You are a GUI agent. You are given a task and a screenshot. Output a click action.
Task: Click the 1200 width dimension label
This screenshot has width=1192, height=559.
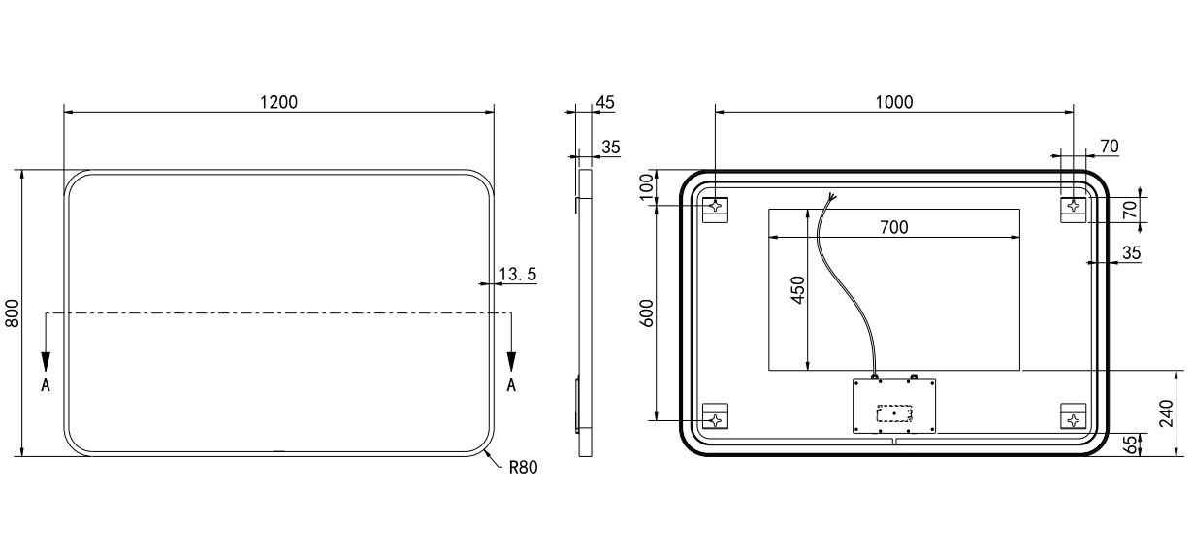coord(278,102)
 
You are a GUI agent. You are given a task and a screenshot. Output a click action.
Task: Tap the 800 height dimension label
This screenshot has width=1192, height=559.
coord(12,313)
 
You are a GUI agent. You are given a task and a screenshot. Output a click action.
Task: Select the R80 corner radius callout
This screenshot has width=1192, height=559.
coord(523,468)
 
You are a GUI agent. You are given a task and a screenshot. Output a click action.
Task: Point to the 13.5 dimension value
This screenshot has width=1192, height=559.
coord(517,275)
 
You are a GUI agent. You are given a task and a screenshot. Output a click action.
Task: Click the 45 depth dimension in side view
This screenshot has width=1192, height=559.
coord(605,102)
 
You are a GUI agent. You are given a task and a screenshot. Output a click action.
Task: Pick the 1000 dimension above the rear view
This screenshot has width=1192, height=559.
coord(894,102)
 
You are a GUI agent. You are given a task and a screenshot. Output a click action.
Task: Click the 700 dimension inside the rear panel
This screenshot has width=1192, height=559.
coord(894,227)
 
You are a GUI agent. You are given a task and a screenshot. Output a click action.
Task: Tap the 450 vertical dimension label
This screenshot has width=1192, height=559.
coord(797,290)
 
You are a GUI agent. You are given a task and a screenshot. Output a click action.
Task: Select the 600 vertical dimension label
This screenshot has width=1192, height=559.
coord(646,313)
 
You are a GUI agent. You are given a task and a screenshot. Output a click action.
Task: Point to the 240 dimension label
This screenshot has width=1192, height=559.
coord(1166,413)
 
